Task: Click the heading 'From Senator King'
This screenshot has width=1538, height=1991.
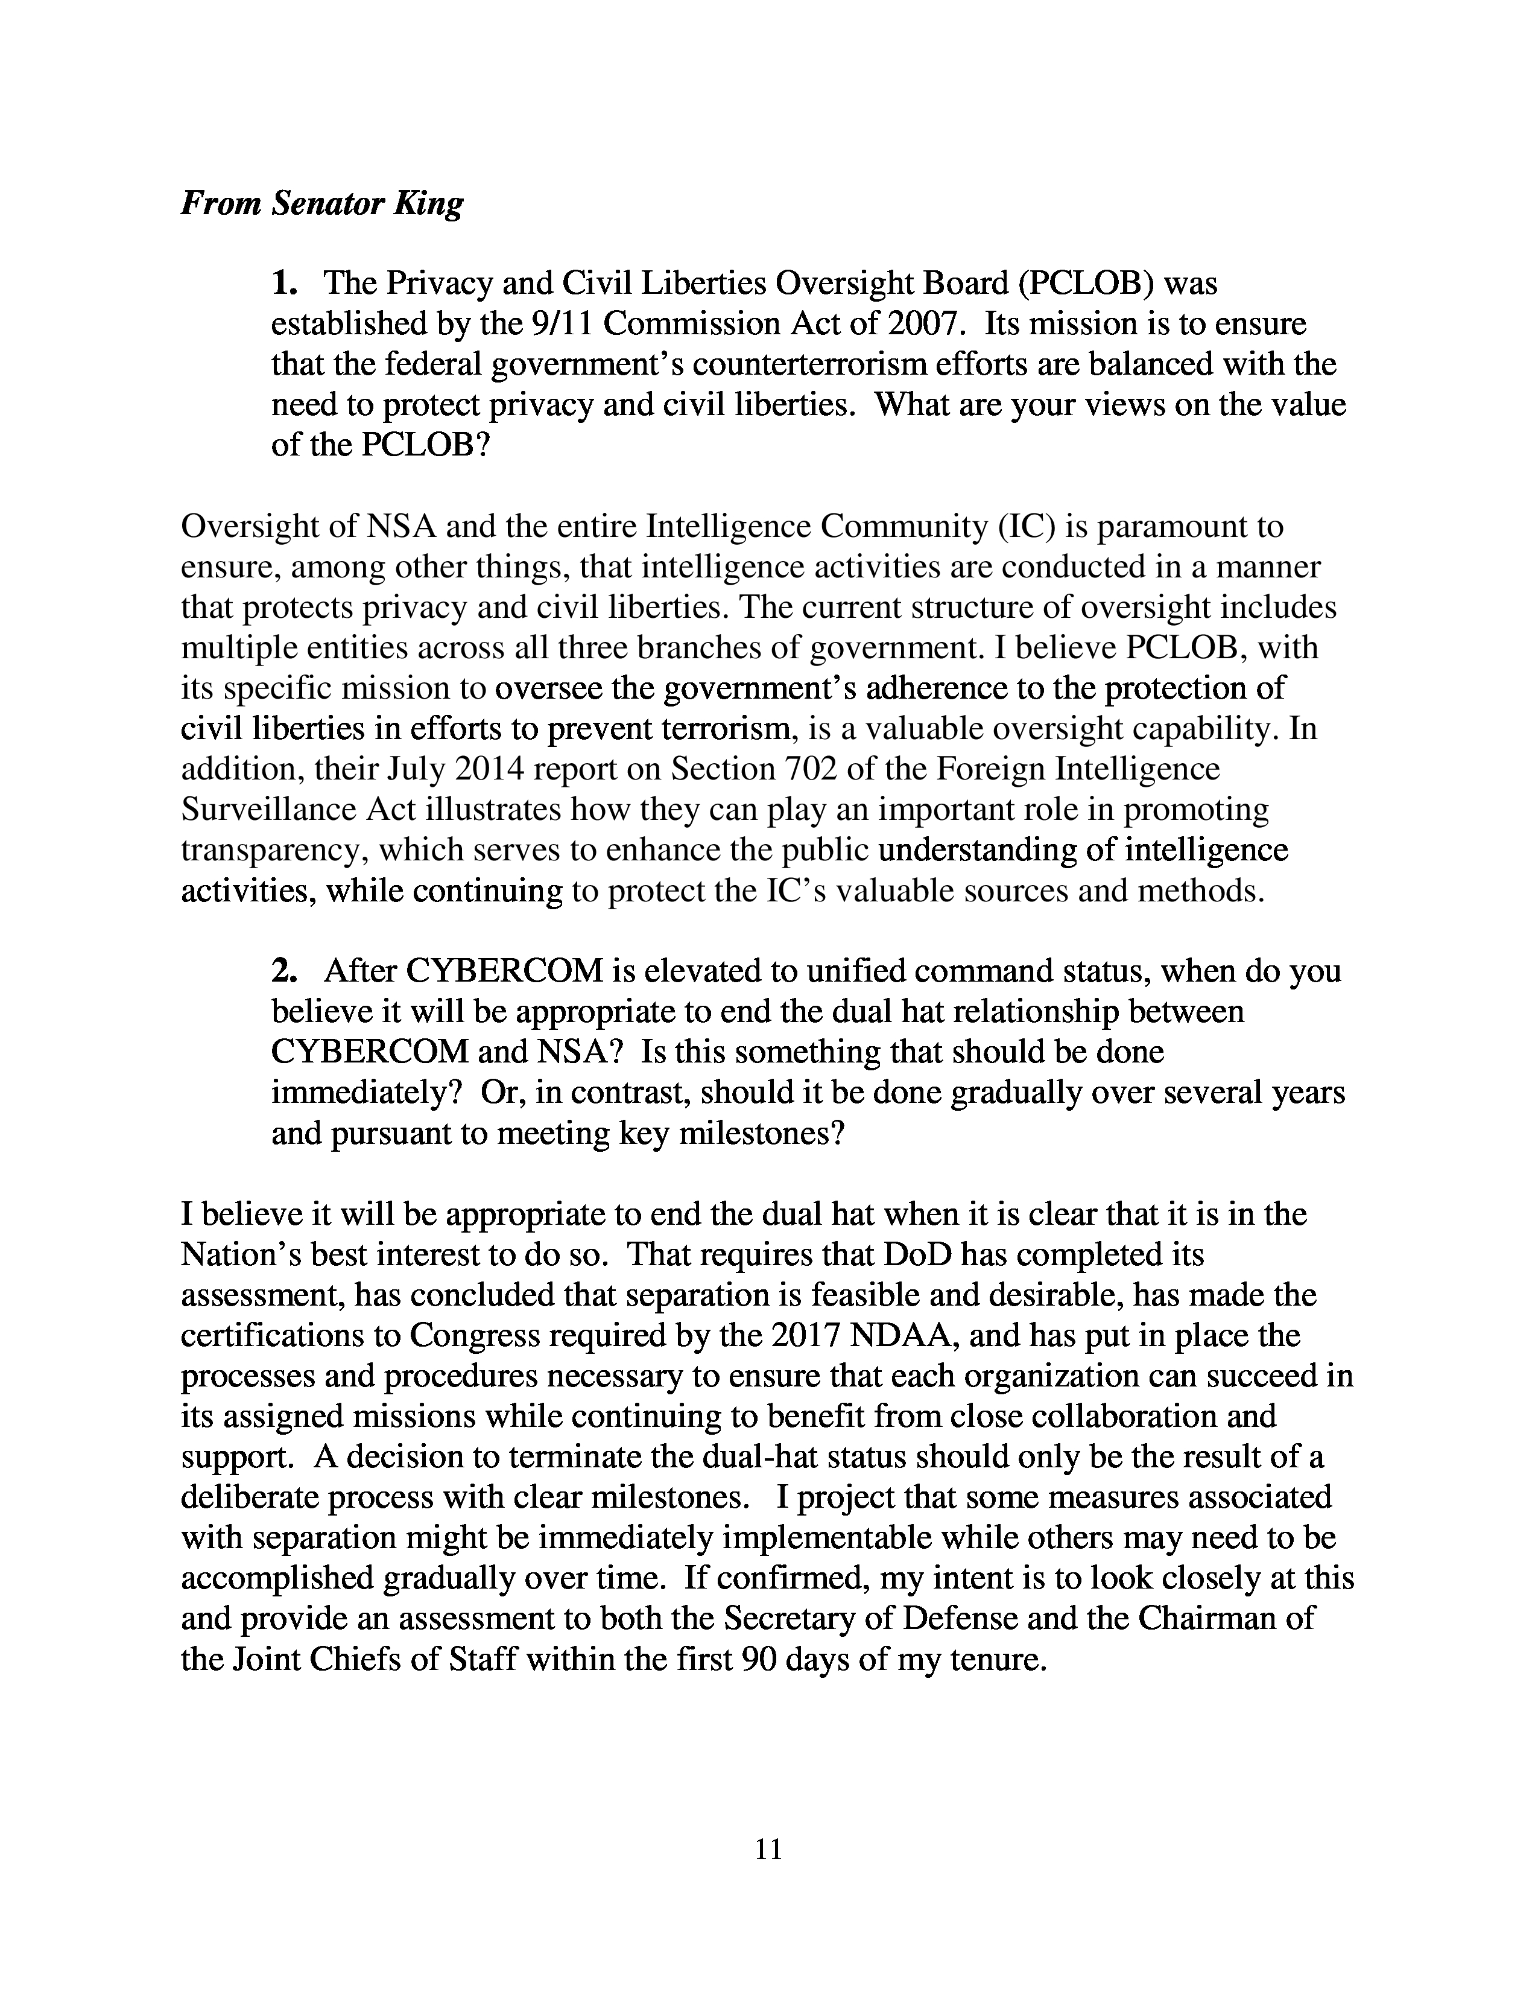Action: pos(321,203)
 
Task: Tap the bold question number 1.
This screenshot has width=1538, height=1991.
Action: pos(283,284)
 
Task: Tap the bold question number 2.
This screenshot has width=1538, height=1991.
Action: pos(283,972)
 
